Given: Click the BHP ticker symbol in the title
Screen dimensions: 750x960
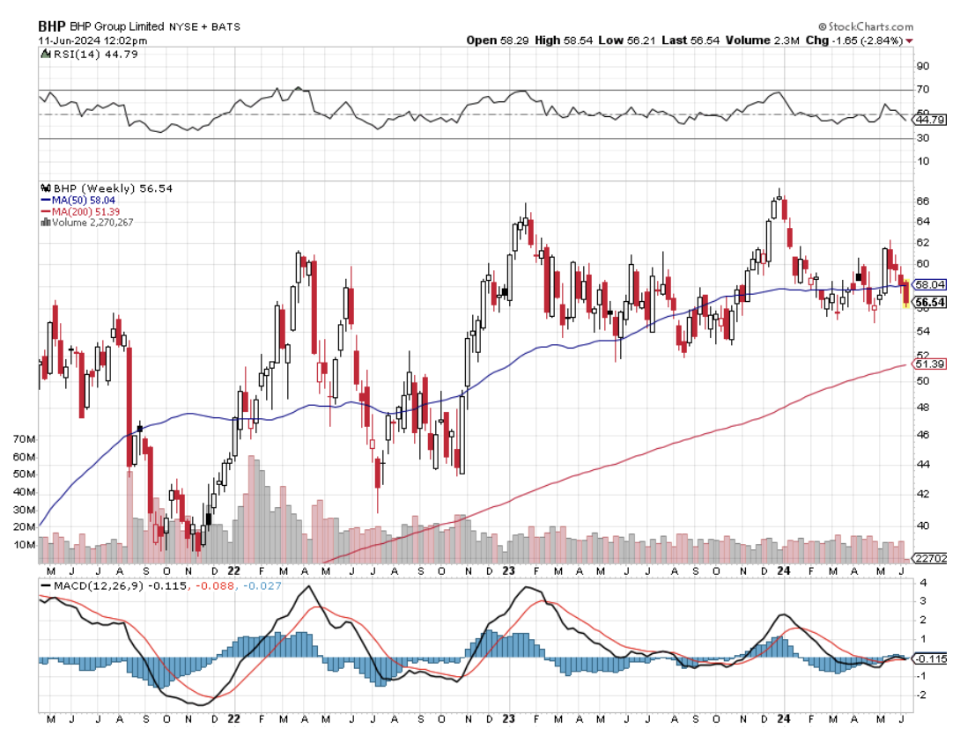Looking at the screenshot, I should [x=52, y=26].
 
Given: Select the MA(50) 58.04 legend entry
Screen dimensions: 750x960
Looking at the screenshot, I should [x=78, y=200].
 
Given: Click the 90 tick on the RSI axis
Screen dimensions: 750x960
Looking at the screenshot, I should [x=923, y=66].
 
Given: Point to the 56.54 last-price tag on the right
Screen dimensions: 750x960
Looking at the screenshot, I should [x=930, y=301].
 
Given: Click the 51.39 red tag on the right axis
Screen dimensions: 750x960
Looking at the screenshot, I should [x=930, y=364].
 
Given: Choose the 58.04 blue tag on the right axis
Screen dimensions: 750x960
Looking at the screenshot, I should [x=930, y=284].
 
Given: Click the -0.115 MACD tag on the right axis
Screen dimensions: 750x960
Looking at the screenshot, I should [x=930, y=658].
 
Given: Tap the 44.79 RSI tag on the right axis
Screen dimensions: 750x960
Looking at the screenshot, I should [x=930, y=120].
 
